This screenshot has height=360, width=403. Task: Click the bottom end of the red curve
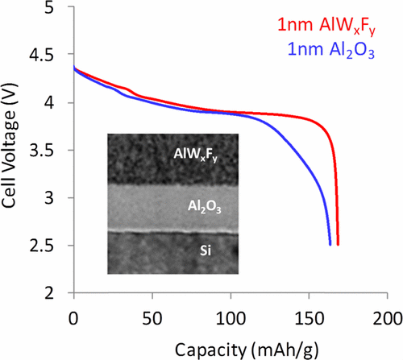(338, 244)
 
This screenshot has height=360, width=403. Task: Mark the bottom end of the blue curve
(330, 244)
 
